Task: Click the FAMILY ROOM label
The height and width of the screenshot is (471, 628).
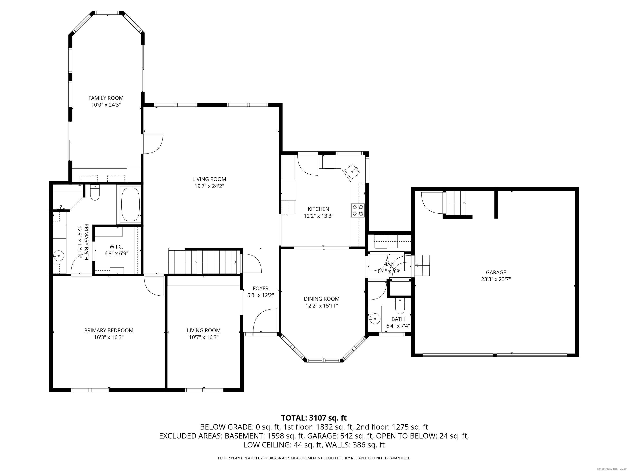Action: [x=106, y=98]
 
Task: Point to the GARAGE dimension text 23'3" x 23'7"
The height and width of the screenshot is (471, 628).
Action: [x=496, y=279]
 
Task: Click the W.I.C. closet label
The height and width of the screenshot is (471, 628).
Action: [x=116, y=247]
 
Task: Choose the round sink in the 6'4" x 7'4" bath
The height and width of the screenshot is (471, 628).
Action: [x=375, y=318]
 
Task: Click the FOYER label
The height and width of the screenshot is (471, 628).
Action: [x=261, y=288]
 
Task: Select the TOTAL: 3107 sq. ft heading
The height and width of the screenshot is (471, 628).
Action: [x=314, y=418]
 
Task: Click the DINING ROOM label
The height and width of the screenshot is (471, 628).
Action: [x=322, y=299]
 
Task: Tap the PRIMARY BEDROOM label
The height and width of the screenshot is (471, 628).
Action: [x=109, y=330]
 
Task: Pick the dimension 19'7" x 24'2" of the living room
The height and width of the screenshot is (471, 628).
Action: [x=209, y=186]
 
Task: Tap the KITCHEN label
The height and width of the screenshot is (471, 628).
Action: [x=318, y=209]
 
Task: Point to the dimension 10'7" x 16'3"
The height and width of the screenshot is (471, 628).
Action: [x=204, y=337]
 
